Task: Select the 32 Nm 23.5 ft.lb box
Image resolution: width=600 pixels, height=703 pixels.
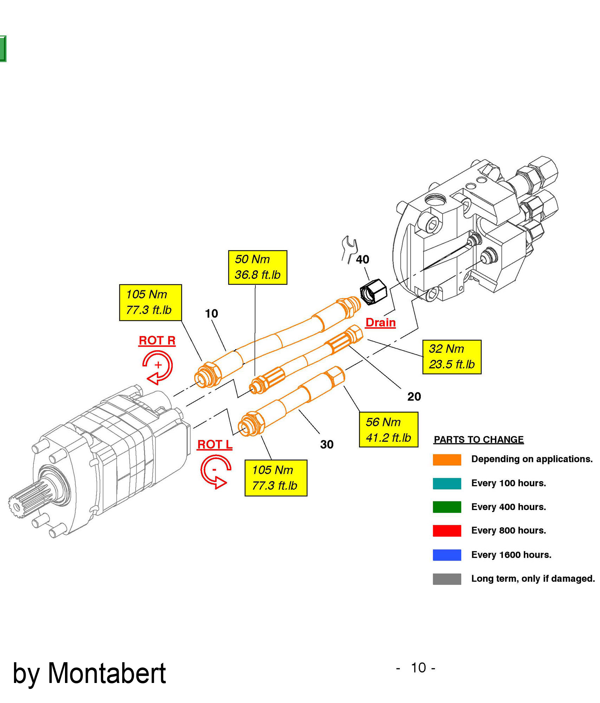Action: pos(451,356)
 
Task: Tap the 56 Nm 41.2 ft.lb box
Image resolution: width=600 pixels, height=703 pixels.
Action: pos(388,430)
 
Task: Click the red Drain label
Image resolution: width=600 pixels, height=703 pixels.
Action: pos(380,322)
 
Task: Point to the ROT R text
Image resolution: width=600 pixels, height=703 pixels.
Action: pos(157,340)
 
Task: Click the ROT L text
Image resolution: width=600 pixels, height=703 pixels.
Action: pos(215,444)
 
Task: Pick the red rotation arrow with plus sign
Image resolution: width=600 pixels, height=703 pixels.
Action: pos(158,366)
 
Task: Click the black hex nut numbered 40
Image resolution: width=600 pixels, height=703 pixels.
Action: pos(373,292)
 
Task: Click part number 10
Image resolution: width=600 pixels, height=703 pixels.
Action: pos(211,313)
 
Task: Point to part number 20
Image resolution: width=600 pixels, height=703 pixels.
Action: pos(414,396)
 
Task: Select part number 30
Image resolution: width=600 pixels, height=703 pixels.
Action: pos(327,444)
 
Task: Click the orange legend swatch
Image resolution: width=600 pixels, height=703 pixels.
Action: pos(447,459)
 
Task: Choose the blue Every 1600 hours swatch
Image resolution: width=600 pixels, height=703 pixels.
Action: pos(447,555)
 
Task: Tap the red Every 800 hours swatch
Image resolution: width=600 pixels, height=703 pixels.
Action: pos(447,531)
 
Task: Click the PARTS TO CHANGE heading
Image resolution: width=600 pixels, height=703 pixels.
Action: pos(478,439)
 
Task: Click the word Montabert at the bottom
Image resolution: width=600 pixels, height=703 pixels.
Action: pos(106,673)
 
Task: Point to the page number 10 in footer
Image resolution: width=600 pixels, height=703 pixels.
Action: pos(418,668)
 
